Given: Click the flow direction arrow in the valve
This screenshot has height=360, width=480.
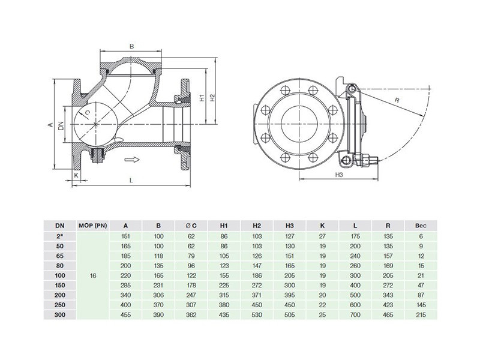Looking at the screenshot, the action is click(x=132, y=160).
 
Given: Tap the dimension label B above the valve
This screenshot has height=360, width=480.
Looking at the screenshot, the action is click(x=131, y=47).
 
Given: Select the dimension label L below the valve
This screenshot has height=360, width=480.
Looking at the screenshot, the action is click(x=131, y=181).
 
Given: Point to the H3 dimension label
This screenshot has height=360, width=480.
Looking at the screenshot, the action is click(x=338, y=175).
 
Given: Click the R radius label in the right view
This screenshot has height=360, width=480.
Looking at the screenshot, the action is click(x=397, y=100).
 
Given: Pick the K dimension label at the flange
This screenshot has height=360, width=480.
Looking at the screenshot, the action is click(x=76, y=175).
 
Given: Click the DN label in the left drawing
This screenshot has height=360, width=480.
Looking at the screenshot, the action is click(x=61, y=126).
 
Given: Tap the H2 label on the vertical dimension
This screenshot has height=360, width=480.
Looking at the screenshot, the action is click(x=212, y=98).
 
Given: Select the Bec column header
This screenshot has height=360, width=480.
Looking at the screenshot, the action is click(x=421, y=226).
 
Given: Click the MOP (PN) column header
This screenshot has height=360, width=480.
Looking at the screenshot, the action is click(x=92, y=226).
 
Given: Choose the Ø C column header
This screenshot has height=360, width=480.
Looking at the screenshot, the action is click(x=191, y=226).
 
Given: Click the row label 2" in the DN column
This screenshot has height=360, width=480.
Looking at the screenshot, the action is click(x=60, y=236).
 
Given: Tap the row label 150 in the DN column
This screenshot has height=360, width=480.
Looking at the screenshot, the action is click(x=60, y=286).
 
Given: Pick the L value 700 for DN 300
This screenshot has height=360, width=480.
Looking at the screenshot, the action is click(x=355, y=314).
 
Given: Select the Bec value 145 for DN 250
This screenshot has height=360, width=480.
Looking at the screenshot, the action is click(x=421, y=305).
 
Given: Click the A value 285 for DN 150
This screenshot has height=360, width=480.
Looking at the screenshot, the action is click(x=125, y=286).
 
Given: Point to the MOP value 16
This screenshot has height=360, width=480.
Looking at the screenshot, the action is click(x=93, y=275).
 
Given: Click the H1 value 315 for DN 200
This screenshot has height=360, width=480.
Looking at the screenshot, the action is click(x=224, y=295).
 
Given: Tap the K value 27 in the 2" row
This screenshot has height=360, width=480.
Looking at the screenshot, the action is click(x=322, y=236).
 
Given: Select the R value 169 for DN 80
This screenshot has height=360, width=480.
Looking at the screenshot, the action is click(x=388, y=266).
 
